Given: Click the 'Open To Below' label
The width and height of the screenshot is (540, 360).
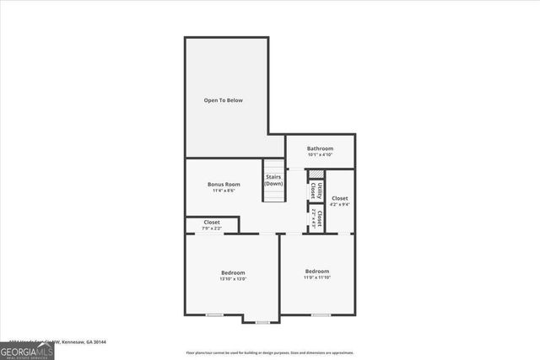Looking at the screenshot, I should coord(223,100).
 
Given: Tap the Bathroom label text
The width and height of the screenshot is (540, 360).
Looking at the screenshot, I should coord(320,148).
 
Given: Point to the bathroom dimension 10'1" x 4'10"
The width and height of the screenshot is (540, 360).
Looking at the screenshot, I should coord(320,155).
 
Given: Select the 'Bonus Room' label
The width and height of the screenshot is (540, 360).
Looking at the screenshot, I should coord(224,184).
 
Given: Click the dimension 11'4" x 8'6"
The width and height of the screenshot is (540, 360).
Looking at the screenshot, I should coord(224,191).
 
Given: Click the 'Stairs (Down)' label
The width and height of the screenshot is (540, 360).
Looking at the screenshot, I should coord(273,180).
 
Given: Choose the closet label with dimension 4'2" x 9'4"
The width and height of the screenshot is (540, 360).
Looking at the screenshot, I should coord(339,198).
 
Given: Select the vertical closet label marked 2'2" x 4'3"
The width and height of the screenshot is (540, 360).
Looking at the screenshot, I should coord(316,219).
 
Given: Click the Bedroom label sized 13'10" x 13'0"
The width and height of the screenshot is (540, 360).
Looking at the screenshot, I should coord(233,272).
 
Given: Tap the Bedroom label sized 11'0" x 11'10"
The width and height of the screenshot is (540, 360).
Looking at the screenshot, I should coord(317,271).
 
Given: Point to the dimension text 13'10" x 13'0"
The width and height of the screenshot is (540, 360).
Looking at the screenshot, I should coord(233,279).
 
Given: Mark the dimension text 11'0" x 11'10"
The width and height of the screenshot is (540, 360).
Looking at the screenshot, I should coord(317,278).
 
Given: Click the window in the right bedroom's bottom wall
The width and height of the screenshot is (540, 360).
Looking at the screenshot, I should coord(321,314).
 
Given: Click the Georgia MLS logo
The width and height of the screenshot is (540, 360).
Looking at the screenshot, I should coord(27,350).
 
